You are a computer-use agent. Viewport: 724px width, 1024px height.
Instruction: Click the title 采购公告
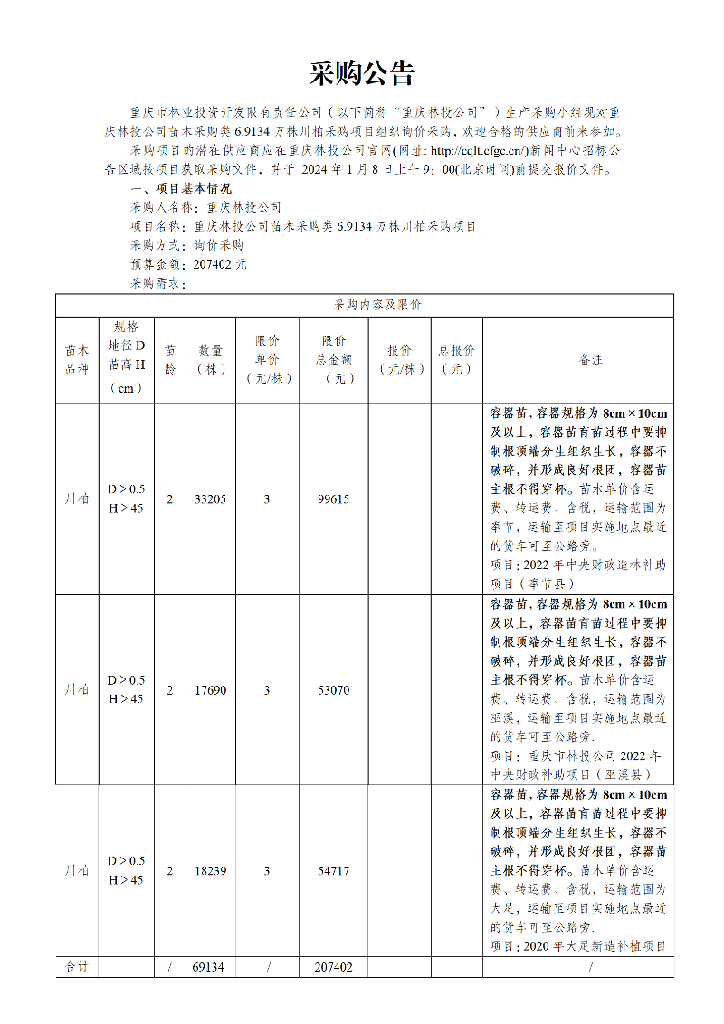tap(362, 74)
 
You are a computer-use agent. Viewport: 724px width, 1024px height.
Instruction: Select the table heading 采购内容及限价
tap(364, 305)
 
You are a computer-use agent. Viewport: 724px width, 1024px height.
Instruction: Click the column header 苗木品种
tap(77, 360)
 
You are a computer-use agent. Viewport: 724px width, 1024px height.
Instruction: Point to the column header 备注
tap(590, 360)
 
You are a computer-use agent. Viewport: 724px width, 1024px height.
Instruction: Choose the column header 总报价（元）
tap(456, 359)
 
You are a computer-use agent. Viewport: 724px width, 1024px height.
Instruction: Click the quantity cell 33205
tap(210, 498)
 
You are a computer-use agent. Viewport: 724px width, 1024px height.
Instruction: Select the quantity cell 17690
tap(210, 690)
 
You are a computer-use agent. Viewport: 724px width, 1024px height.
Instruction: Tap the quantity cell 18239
tap(210, 870)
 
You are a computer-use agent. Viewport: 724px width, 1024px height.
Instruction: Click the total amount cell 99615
tap(333, 498)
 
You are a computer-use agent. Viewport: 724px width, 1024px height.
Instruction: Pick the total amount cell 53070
tap(333, 690)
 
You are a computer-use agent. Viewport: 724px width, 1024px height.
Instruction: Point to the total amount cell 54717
tap(333, 870)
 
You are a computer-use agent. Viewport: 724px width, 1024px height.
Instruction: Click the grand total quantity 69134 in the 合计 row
tap(210, 967)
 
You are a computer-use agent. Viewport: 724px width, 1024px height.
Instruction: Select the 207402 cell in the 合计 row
tap(333, 967)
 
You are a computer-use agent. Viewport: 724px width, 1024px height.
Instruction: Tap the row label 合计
tap(77, 967)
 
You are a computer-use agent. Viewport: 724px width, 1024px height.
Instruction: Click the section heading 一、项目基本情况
tap(181, 188)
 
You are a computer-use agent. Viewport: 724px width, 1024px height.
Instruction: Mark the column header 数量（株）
tap(210, 359)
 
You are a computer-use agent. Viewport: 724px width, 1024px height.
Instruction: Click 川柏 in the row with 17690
tap(77, 690)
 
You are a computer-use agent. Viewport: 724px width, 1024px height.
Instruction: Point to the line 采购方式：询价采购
tap(187, 245)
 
